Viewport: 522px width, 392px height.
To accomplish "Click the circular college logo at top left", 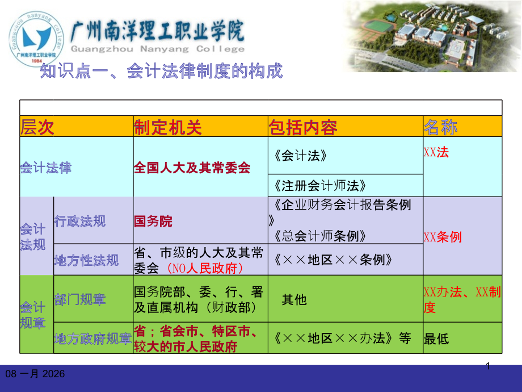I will click(x=35, y=37).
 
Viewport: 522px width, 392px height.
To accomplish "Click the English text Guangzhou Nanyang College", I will click(x=157, y=49).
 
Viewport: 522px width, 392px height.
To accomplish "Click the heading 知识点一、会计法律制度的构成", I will click(x=161, y=72).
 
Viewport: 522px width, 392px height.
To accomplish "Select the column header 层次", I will click(x=37, y=127).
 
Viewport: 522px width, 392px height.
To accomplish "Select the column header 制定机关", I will click(x=168, y=127).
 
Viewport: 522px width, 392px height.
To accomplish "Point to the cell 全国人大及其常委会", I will click(x=192, y=168).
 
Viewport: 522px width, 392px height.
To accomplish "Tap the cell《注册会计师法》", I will click(x=320, y=185).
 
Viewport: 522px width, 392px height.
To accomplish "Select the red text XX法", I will click(x=436, y=152).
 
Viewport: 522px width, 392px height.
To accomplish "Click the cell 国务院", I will click(x=153, y=221).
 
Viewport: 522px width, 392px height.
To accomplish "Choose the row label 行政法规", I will click(x=80, y=221).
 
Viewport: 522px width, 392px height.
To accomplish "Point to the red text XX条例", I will click(x=443, y=237).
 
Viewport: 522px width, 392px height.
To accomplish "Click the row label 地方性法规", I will click(x=86, y=260).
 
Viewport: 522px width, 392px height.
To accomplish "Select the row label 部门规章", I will click(x=80, y=299).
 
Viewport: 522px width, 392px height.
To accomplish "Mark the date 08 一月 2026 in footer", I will click(x=35, y=374).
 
